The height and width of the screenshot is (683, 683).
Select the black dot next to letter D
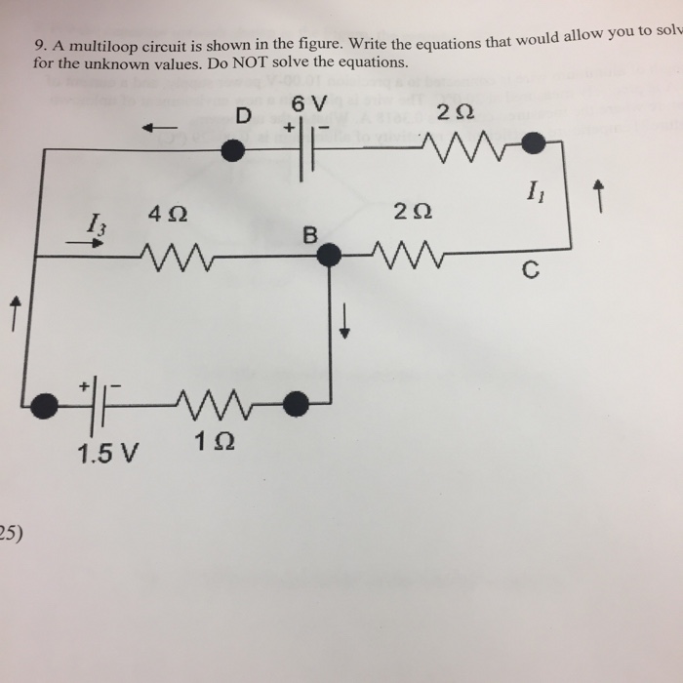click(x=232, y=149)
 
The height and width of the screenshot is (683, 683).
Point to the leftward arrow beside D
click(x=162, y=127)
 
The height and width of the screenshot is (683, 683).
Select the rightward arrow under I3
click(x=88, y=245)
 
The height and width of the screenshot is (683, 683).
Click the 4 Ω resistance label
click(x=168, y=213)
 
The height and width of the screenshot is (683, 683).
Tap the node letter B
click(x=310, y=235)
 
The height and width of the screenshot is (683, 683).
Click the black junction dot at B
click(x=331, y=256)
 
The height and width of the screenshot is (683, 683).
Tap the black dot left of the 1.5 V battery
click(x=42, y=405)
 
